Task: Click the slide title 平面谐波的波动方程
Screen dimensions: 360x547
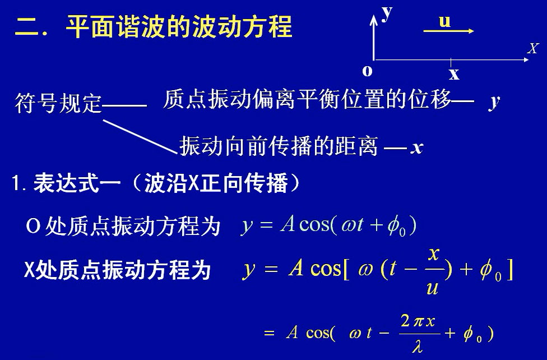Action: [x=179, y=26]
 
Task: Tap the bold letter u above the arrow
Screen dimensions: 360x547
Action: [x=444, y=21]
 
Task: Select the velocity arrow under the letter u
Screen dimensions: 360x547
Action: [x=449, y=32]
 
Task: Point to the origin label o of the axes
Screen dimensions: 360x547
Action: [x=367, y=71]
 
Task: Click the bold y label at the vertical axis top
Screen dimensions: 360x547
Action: [x=387, y=11]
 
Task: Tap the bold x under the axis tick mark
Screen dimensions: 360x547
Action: [x=454, y=73]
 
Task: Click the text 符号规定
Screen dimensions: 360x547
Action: [x=58, y=103]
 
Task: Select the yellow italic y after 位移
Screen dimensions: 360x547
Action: [x=494, y=101]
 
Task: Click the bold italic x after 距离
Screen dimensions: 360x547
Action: [x=416, y=148]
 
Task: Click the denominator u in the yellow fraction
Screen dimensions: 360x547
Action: [x=432, y=288]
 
